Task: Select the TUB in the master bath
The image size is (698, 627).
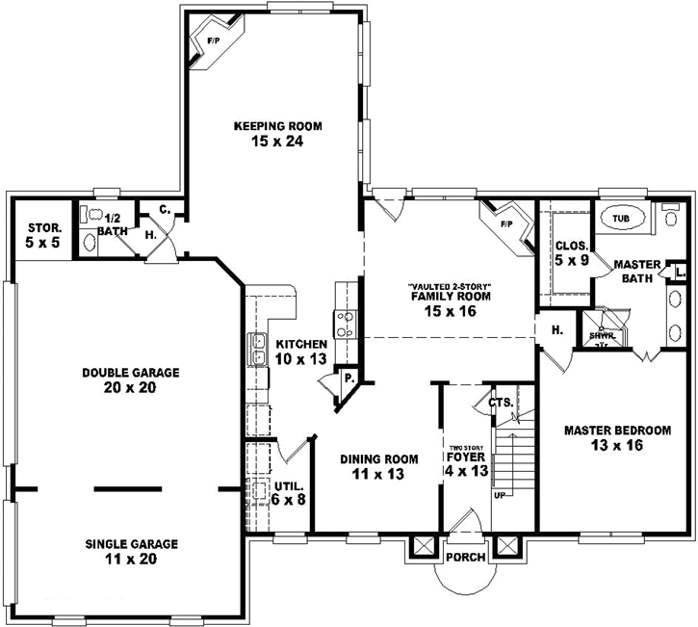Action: [x=623, y=219]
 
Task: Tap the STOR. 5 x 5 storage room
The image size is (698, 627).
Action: [x=43, y=236]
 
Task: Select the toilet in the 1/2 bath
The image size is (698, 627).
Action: [x=88, y=216]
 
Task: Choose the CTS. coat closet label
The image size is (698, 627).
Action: [x=500, y=403]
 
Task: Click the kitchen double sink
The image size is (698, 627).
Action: [x=258, y=348]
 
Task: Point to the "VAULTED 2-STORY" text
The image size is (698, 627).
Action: [x=449, y=285]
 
